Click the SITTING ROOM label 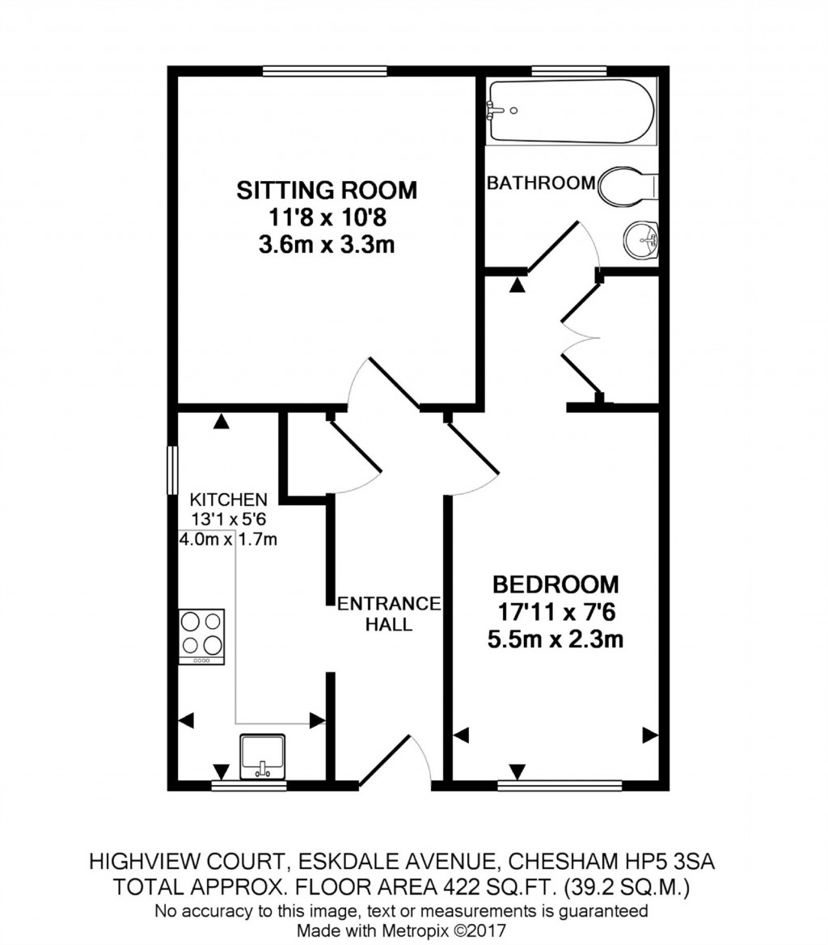pyautogui.click(x=326, y=191)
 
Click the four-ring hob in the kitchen pyautogui.click(x=201, y=635)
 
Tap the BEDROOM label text pyautogui.click(x=556, y=584)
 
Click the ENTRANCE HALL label pyautogui.click(x=388, y=614)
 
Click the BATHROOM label pyautogui.click(x=540, y=183)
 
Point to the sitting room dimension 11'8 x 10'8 pyautogui.click(x=326, y=217)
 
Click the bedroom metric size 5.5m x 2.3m pyautogui.click(x=556, y=640)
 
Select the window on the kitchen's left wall pyautogui.click(x=171, y=469)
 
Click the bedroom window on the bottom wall pyautogui.click(x=560, y=784)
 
